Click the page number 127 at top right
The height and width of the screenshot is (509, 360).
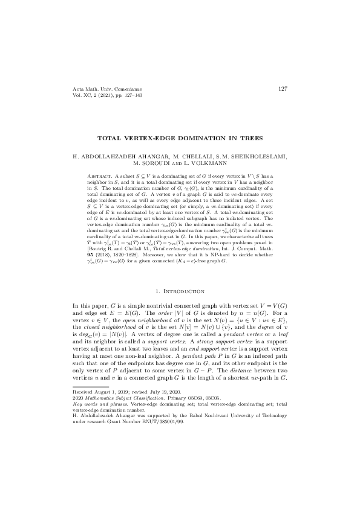[x=283, y=89]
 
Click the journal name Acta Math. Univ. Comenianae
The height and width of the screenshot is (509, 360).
[x=102, y=89]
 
